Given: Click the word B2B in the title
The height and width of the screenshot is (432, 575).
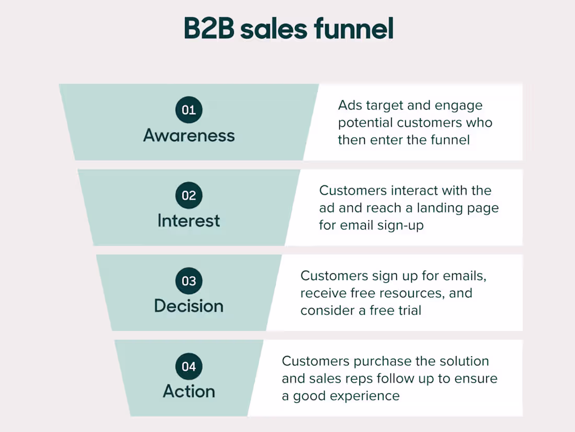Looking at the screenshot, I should (209, 29).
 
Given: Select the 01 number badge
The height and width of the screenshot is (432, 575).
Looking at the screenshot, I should (189, 110).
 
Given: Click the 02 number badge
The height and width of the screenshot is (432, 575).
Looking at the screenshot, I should (189, 196).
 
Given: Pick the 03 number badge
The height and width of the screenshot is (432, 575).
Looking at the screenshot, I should (189, 281).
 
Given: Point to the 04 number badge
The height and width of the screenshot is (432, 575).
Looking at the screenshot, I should (189, 367).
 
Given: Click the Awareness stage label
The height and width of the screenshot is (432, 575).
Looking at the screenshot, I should (189, 136).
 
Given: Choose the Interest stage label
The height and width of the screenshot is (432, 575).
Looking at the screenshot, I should (189, 221).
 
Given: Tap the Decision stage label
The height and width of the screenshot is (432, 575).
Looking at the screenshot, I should (189, 306).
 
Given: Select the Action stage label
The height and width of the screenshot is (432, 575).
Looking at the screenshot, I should (189, 392).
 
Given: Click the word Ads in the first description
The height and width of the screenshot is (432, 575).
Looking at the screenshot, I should (350, 105).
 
